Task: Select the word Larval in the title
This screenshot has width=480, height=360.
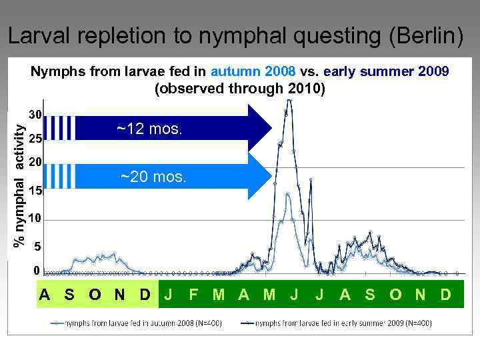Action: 41,37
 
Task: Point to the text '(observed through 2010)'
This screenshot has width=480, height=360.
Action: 240,88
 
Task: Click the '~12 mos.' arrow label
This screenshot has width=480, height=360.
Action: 149,129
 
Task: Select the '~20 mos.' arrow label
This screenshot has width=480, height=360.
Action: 154,177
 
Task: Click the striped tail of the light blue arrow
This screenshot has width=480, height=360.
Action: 63,176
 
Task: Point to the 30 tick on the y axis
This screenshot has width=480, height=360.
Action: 36,115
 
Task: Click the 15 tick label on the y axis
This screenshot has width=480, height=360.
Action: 36,191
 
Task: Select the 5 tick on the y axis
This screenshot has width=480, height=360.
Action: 38,247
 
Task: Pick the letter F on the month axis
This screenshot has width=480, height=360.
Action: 193,294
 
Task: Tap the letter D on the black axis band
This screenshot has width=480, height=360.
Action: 145,294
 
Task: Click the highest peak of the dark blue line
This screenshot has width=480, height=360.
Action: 289,101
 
